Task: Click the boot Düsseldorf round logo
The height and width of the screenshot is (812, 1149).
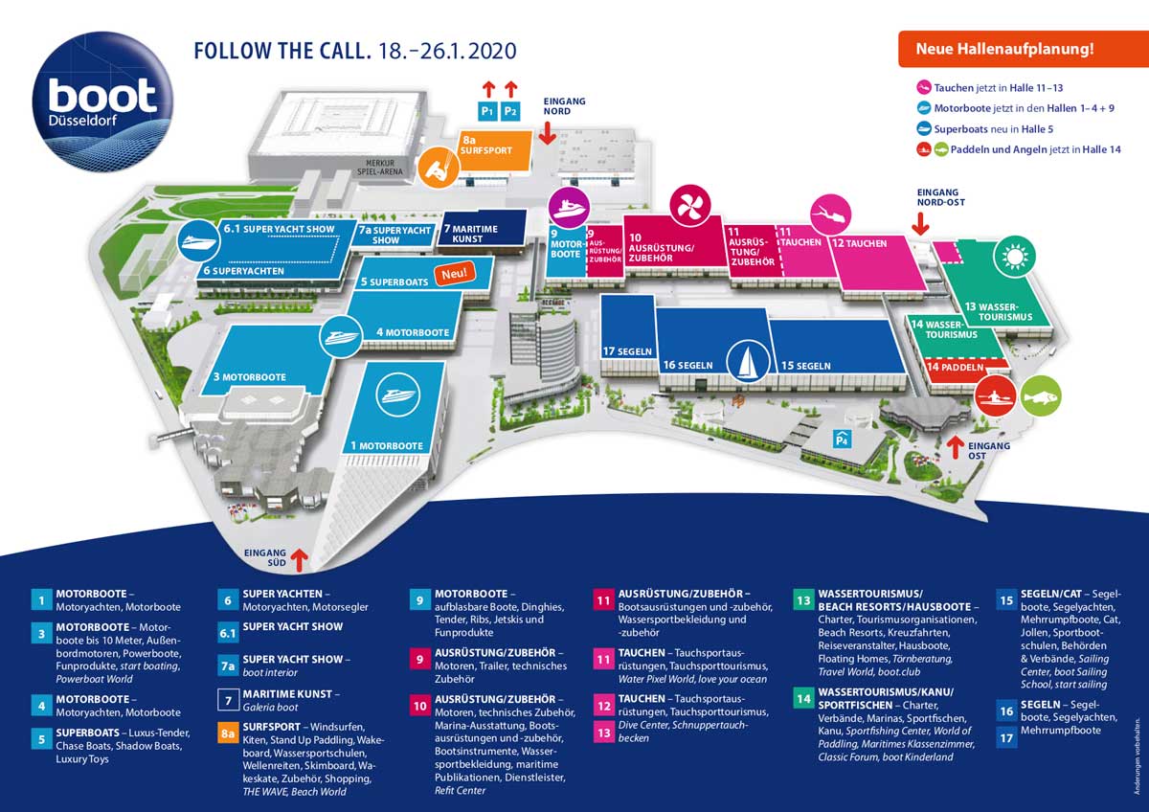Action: (102, 101)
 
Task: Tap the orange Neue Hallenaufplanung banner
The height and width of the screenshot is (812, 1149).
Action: (1023, 49)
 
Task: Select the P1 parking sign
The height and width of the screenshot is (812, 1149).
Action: (487, 111)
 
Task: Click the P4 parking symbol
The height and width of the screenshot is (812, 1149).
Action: (842, 440)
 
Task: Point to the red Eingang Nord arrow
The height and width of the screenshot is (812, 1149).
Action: (548, 133)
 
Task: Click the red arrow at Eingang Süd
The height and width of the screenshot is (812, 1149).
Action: (300, 560)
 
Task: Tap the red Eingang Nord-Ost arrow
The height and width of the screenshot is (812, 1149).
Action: (921, 224)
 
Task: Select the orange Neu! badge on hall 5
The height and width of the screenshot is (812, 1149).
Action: (455, 274)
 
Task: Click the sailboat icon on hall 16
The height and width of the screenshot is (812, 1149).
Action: (748, 361)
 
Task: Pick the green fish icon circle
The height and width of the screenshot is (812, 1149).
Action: (1041, 396)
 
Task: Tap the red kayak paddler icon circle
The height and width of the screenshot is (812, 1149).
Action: (996, 396)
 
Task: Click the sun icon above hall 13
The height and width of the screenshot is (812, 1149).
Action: (1015, 257)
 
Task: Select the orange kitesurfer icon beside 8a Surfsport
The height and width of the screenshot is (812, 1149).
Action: (439, 168)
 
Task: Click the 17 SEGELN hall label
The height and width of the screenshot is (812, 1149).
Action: (627, 351)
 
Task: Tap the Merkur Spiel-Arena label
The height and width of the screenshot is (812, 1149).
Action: (380, 168)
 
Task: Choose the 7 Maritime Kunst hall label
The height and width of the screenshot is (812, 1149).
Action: (470, 234)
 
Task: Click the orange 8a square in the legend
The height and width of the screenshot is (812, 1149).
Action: (228, 734)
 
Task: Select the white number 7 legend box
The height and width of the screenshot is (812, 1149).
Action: (228, 700)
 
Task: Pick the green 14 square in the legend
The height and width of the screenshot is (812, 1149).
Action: (803, 699)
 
